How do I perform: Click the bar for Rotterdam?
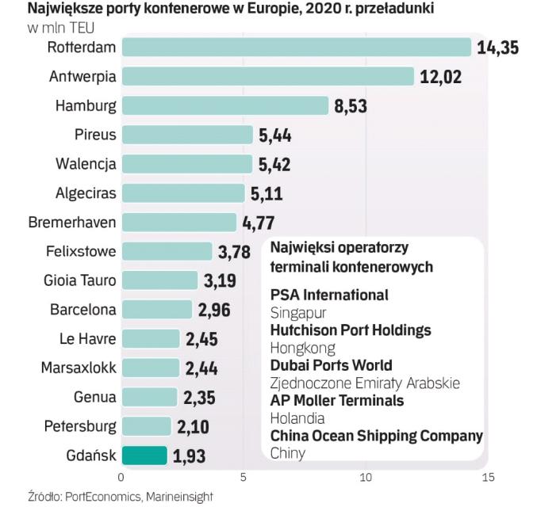[296, 47]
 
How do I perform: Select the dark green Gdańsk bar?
[144, 456]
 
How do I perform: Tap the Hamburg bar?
[224, 105]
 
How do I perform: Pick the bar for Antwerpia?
[267, 76]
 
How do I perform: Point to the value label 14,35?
[497, 48]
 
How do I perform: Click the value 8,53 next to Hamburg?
[351, 106]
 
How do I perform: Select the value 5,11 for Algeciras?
[266, 193]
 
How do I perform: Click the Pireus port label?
[96, 135]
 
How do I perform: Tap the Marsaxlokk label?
[79, 368]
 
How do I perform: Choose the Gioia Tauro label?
[79, 280]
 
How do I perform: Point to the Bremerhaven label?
[72, 223]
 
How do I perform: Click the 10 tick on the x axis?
[366, 478]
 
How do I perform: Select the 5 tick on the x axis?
[244, 478]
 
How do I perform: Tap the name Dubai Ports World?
[331, 365]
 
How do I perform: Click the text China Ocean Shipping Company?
[376, 436]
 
